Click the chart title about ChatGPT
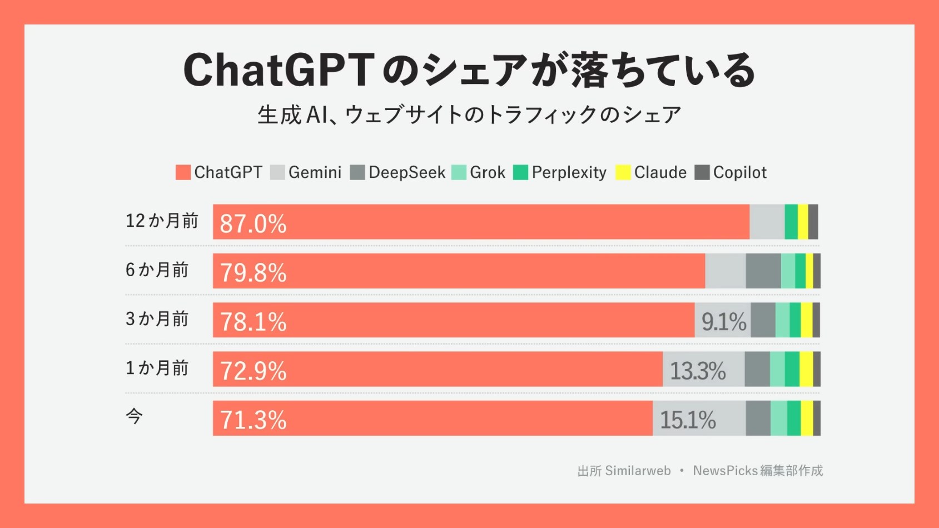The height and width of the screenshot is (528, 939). pyautogui.click(x=469, y=71)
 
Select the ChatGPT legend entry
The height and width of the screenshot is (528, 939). pyautogui.click(x=219, y=172)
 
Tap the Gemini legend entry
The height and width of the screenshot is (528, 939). pyautogui.click(x=306, y=172)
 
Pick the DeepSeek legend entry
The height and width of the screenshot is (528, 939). pyautogui.click(x=398, y=172)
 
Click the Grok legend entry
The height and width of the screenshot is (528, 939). pyautogui.click(x=479, y=172)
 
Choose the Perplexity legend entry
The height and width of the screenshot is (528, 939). pyautogui.click(x=560, y=172)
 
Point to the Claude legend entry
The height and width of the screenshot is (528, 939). pyautogui.click(x=652, y=172)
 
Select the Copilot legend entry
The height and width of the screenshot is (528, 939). pyautogui.click(x=731, y=172)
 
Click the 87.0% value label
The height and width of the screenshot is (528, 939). pyautogui.click(x=253, y=223)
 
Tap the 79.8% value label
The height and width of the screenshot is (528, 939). pyautogui.click(x=253, y=272)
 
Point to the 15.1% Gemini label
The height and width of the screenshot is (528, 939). pyautogui.click(x=688, y=420)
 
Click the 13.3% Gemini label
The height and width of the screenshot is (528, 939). pyautogui.click(x=698, y=371)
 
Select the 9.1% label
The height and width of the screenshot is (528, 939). pyautogui.click(x=723, y=321)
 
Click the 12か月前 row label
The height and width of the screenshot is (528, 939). pyautogui.click(x=162, y=221)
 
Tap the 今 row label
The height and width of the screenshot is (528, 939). pyautogui.click(x=134, y=416)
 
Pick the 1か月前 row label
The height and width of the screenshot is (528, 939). pyautogui.click(x=157, y=367)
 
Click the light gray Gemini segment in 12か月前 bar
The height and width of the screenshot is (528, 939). pyautogui.click(x=767, y=222)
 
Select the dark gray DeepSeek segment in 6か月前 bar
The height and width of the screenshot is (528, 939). pyautogui.click(x=763, y=271)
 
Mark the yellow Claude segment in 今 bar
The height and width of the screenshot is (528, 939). pyautogui.click(x=807, y=418)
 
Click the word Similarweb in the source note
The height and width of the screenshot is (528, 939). pyautogui.click(x=638, y=471)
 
